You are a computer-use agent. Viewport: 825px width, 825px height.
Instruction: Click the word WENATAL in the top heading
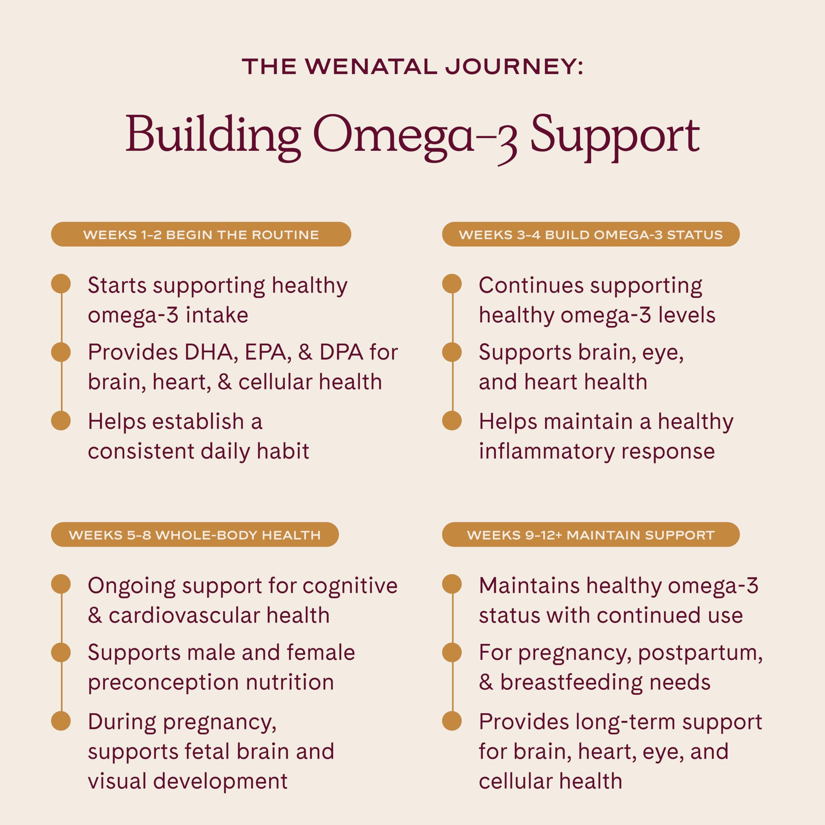coord(371,67)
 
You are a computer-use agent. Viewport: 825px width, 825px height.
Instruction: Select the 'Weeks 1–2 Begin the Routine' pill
coord(201,234)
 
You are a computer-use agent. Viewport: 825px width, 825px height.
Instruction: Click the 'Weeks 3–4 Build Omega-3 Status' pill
coord(591,234)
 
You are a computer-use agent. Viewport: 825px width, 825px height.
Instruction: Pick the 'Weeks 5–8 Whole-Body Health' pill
coord(195,534)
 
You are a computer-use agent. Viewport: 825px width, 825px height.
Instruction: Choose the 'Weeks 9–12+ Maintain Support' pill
coord(591,534)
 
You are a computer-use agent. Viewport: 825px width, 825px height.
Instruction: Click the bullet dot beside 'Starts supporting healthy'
coord(61,284)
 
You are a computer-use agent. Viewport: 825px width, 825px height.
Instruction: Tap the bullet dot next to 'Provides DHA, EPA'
coord(61,352)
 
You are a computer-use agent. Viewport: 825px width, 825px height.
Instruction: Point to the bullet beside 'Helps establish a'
coord(61,420)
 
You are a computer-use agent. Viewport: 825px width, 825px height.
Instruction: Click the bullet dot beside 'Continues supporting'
coord(452,284)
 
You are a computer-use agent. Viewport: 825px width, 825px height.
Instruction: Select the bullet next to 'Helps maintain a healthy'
coord(452,420)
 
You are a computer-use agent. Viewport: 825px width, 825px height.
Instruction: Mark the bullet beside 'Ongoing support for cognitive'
coord(61,584)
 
